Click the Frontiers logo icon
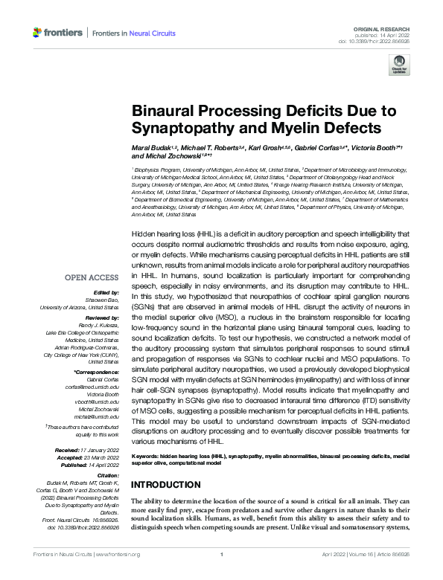[x=38, y=33]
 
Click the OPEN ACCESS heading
[x=94, y=278]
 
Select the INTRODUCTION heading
[x=168, y=484]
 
